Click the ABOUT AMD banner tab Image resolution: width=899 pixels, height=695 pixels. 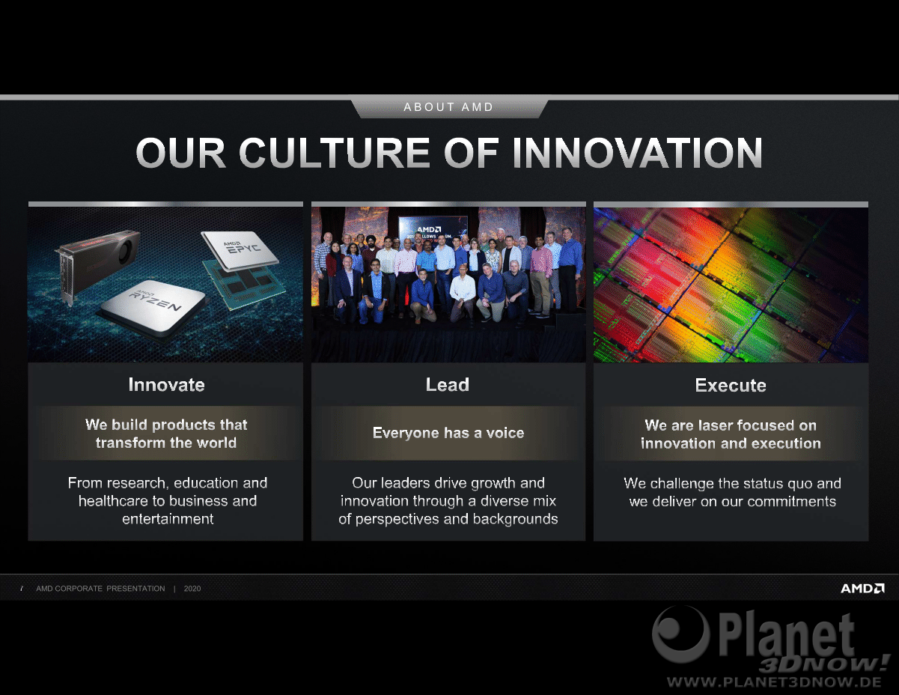coord(449,107)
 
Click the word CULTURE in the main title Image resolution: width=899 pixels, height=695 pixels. coord(335,153)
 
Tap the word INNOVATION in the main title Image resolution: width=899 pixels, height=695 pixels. coord(638,153)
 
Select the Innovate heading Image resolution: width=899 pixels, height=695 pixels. coord(166,385)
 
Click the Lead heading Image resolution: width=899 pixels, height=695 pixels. coord(448,384)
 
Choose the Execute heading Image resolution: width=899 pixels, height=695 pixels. coord(731,386)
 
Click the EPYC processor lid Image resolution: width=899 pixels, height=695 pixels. coord(240,249)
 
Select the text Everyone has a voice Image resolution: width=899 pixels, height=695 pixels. coord(448,433)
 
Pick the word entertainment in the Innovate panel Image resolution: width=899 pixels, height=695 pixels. coord(168,519)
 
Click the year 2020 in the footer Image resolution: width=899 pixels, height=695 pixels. coord(192,589)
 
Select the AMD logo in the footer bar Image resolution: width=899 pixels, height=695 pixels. coord(862,588)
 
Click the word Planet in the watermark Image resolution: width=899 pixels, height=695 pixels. coord(787,636)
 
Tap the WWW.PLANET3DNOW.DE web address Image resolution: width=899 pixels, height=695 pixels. coord(774,682)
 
